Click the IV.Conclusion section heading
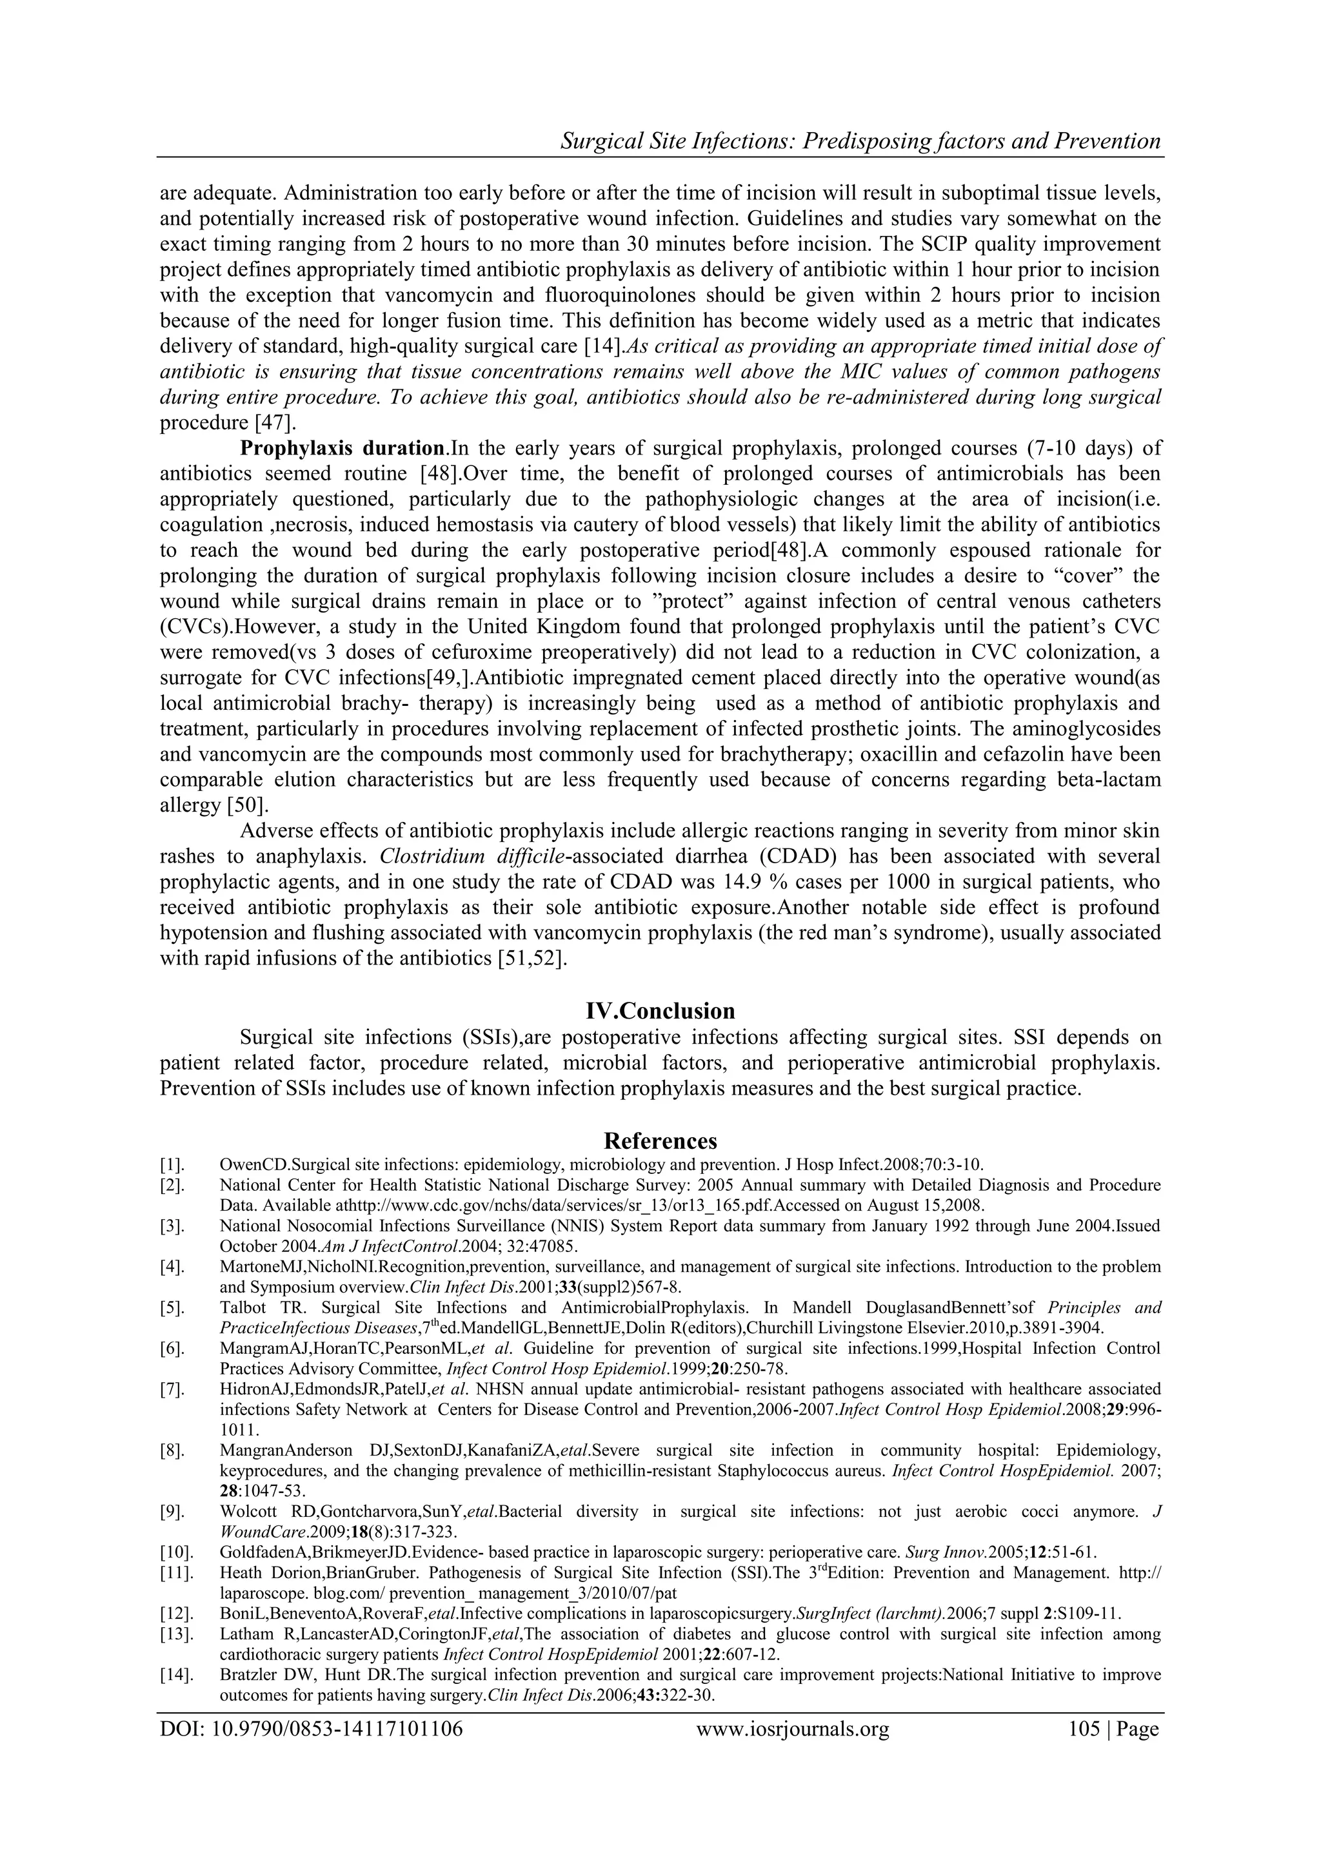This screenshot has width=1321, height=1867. tap(660, 1011)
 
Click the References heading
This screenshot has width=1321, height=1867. tap(660, 1140)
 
